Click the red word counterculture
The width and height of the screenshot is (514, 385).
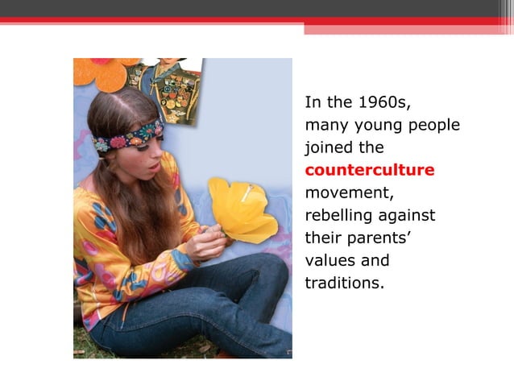click(x=370, y=170)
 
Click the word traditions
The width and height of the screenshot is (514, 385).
click(x=339, y=284)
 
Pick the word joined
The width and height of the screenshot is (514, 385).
click(x=327, y=148)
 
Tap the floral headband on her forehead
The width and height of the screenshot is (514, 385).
click(x=129, y=135)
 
